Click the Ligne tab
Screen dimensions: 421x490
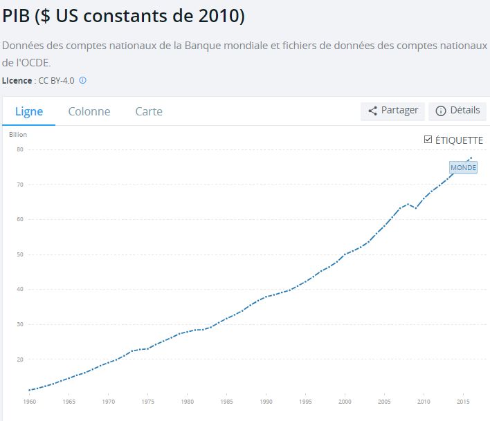pyautogui.click(x=29, y=111)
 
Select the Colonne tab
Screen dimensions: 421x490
pyautogui.click(x=89, y=111)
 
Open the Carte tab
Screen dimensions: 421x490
pyautogui.click(x=149, y=111)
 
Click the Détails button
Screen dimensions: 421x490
pyautogui.click(x=457, y=111)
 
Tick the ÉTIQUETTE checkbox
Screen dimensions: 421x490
pyautogui.click(x=428, y=140)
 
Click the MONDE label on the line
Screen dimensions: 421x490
pyautogui.click(x=463, y=167)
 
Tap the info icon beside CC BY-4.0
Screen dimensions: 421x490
pyautogui.click(x=82, y=80)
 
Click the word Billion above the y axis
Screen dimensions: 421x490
pyautogui.click(x=17, y=134)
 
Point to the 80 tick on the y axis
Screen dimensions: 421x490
pyautogui.click(x=20, y=149)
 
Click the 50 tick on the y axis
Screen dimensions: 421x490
pyautogui.click(x=20, y=254)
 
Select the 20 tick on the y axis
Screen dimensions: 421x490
pyautogui.click(x=20, y=359)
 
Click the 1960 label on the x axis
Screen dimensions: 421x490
pyautogui.click(x=29, y=401)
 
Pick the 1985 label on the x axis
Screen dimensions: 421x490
pyautogui.click(x=226, y=401)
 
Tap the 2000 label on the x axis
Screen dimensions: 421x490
pyautogui.click(x=345, y=401)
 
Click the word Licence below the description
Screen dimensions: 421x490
pyautogui.click(x=17, y=80)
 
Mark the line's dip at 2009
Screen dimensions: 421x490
pyautogui.click(x=415, y=208)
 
